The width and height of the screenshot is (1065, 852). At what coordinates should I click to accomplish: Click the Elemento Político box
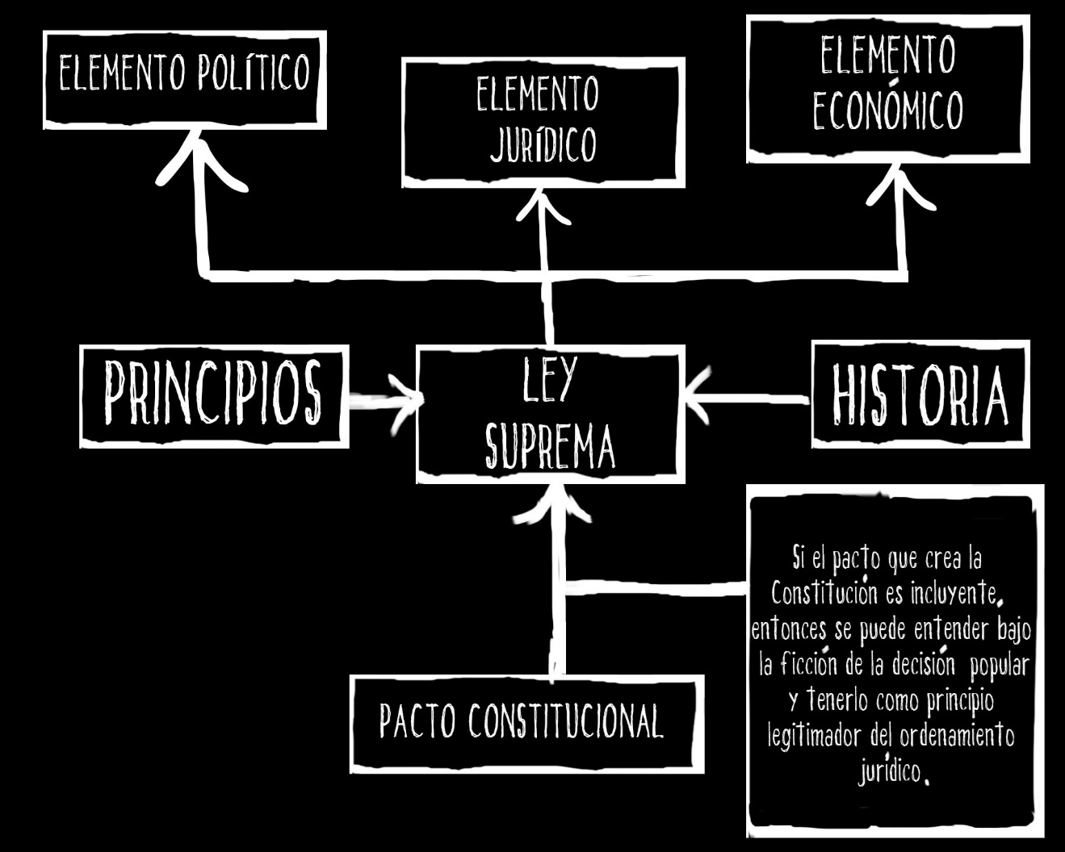tap(185, 80)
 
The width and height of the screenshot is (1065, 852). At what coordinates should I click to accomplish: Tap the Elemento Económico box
tap(888, 88)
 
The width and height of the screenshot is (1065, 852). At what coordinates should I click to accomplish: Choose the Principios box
tap(214, 396)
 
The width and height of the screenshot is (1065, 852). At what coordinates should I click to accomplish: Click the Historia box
tap(920, 395)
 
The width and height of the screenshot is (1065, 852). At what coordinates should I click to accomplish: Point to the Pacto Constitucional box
tap(526, 723)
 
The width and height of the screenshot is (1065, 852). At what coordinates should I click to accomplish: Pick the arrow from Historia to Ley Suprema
tap(747, 396)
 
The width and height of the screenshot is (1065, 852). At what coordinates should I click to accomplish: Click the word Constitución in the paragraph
tap(824, 593)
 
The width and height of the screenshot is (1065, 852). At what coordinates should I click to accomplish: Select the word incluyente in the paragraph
tap(956, 594)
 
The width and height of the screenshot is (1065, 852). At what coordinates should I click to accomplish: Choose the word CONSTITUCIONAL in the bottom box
tap(565, 721)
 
